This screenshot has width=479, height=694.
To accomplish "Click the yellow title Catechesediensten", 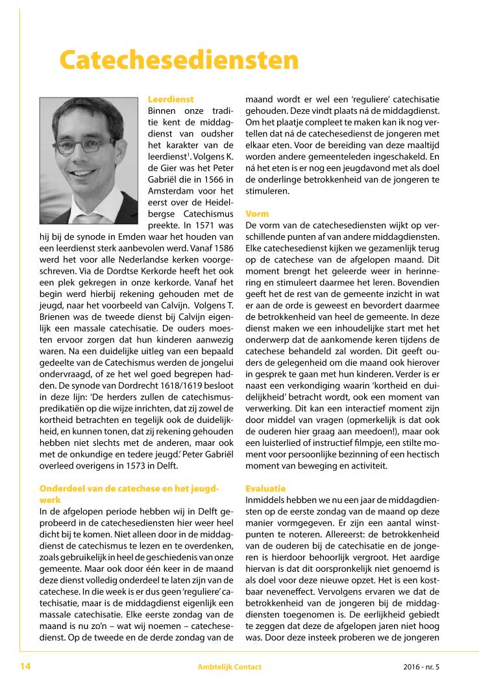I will tap(179, 60).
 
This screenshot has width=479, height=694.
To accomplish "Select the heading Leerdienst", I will tap(171, 99).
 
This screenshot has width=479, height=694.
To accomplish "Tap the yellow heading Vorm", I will tap(258, 213).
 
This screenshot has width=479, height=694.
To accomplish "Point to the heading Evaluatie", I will tap(265, 488).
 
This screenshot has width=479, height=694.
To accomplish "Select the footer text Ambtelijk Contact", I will tap(230, 667).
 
